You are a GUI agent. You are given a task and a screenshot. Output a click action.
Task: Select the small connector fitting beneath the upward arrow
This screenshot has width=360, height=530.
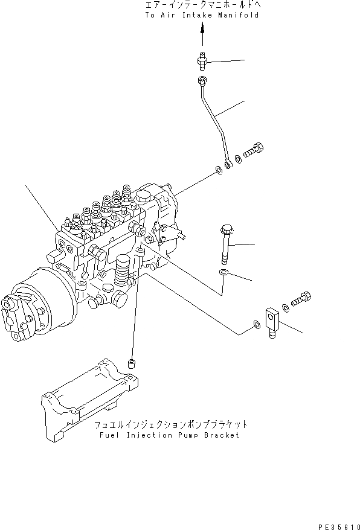202,61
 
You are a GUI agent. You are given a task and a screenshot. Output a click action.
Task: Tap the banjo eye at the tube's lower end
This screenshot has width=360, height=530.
227,164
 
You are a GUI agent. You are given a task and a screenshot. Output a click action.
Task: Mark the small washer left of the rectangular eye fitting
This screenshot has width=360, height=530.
257,326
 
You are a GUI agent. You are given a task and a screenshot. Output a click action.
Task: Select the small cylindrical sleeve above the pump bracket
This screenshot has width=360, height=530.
130,363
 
